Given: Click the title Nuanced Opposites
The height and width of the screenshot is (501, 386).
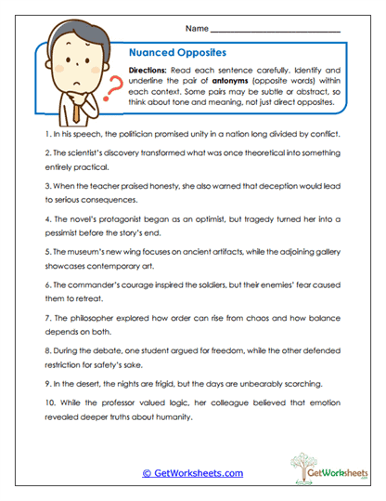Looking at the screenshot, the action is click(173, 54).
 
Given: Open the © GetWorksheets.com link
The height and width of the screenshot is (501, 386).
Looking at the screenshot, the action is click(192, 473).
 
